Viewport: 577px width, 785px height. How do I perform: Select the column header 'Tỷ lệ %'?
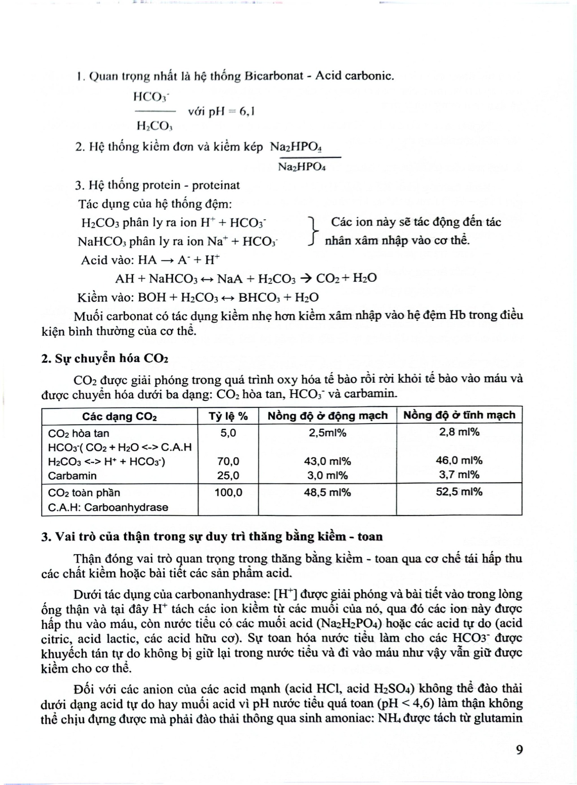pyautogui.click(x=228, y=416)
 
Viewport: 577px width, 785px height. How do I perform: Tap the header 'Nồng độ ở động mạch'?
pyautogui.click(x=327, y=415)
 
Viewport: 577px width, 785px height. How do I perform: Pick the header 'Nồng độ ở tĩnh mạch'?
pyautogui.click(x=459, y=415)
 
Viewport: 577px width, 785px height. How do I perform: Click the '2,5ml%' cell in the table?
pyautogui.click(x=327, y=433)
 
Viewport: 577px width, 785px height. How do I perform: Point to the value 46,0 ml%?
pyautogui.click(x=459, y=460)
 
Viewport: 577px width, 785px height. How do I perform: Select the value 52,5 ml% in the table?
pyautogui.click(x=459, y=492)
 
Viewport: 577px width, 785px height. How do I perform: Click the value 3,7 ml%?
pyautogui.click(x=459, y=475)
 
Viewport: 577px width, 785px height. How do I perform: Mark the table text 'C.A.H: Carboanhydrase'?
pyautogui.click(x=108, y=507)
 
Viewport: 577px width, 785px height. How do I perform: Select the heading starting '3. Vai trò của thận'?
pyautogui.click(x=212, y=536)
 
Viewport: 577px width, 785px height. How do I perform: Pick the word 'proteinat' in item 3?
pyautogui.click(x=216, y=185)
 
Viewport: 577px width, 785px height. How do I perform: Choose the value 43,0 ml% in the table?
pyautogui.click(x=327, y=461)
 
